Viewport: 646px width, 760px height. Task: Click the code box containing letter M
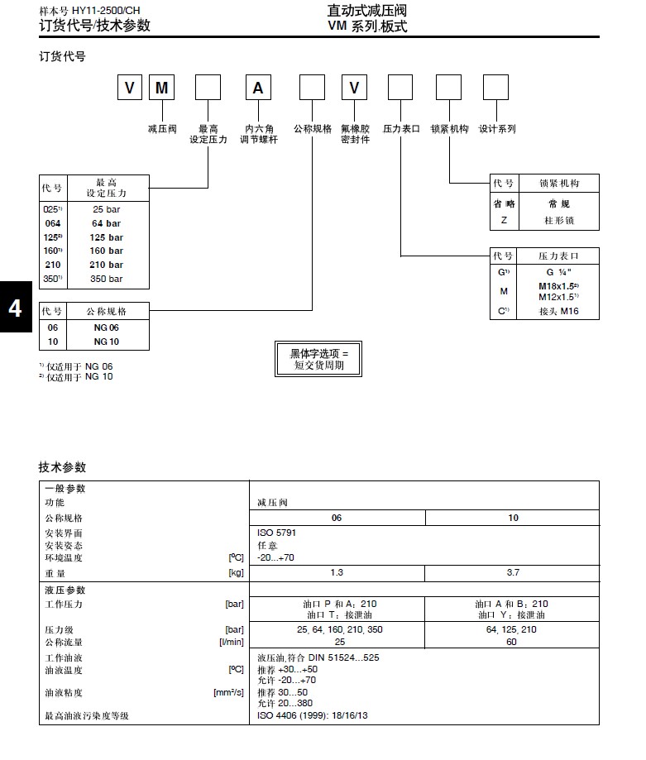(162, 88)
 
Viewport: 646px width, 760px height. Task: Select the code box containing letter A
(257, 88)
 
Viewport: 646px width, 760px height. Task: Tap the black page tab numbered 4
(15, 308)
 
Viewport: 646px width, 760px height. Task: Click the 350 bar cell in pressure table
(107, 279)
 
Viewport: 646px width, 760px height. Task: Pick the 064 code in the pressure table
(52, 223)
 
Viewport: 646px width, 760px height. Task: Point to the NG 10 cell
(107, 342)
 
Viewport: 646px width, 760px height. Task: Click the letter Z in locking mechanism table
(504, 221)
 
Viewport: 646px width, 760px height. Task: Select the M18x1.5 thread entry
(558, 286)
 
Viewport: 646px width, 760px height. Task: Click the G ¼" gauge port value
(558, 272)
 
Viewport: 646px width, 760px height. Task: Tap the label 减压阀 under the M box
(162, 129)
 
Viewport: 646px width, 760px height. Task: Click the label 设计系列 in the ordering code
(496, 129)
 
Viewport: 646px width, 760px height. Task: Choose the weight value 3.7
(513, 572)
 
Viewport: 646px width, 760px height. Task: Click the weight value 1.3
(337, 572)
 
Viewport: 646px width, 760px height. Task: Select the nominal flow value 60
(513, 642)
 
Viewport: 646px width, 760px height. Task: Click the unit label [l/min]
(232, 642)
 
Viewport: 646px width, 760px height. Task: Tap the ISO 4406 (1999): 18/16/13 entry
(313, 715)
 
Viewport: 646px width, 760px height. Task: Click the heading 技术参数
(62, 467)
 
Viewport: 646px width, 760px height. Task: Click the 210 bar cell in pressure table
(107, 265)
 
